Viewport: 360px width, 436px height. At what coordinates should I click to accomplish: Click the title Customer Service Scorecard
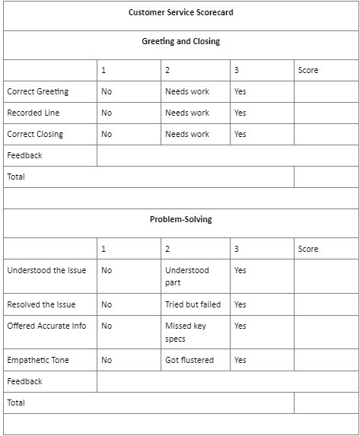pos(180,12)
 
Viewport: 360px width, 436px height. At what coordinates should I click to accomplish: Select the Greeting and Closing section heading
pos(180,41)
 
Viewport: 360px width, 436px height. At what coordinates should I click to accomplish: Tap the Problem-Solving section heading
pos(180,219)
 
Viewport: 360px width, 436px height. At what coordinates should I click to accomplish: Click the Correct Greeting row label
pos(37,91)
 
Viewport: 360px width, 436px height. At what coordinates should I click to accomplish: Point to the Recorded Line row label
pos(33,113)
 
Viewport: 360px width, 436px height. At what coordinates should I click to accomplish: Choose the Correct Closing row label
pos(35,134)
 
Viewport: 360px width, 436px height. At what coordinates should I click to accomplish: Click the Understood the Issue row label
pos(46,270)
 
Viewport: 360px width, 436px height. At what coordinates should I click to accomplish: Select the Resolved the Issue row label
pos(41,304)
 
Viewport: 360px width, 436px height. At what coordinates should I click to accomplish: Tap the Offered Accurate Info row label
pos(46,326)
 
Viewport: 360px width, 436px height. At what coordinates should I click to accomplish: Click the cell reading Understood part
pos(186,276)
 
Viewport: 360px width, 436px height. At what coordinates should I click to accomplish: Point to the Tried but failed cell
pos(193,304)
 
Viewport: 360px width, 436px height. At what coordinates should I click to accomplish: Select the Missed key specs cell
pos(185,332)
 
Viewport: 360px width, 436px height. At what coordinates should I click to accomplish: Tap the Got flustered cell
pos(190,360)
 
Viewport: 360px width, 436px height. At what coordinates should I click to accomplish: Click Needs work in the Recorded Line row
pos(187,113)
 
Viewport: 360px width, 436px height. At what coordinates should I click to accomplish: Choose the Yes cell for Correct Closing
pos(241,134)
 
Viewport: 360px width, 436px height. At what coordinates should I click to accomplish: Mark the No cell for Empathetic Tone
pos(107,360)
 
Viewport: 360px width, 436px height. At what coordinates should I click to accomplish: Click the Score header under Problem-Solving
pos(308,249)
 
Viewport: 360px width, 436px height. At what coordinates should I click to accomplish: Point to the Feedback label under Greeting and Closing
pos(24,155)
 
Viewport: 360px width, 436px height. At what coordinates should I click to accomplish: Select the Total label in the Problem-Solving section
pos(16,403)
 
